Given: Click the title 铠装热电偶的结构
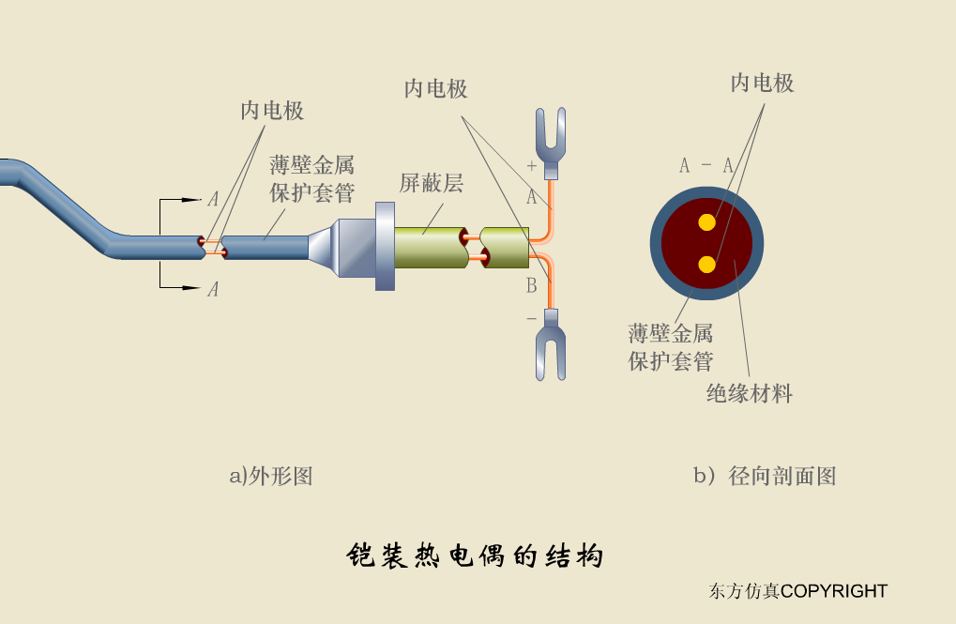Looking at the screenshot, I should pyautogui.click(x=475, y=556).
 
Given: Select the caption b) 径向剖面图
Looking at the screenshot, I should pyautogui.click(x=764, y=476).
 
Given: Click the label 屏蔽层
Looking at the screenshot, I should pyautogui.click(x=432, y=183).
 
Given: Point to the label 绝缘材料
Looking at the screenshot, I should pyautogui.click(x=749, y=393).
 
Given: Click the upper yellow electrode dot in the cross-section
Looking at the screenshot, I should pyautogui.click(x=706, y=222).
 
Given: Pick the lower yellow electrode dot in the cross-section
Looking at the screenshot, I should pyautogui.click(x=706, y=265).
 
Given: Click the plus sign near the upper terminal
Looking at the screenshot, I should pyautogui.click(x=532, y=166).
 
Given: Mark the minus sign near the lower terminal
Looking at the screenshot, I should pyautogui.click(x=531, y=319).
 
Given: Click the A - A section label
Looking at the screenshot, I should pyautogui.click(x=706, y=166).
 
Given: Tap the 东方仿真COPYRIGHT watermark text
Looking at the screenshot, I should pyautogui.click(x=797, y=591).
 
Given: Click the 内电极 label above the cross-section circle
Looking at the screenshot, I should pyautogui.click(x=762, y=84).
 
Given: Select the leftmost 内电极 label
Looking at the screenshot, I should pyautogui.click(x=272, y=111).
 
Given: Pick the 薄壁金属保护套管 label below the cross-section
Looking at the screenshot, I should pyautogui.click(x=670, y=346).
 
